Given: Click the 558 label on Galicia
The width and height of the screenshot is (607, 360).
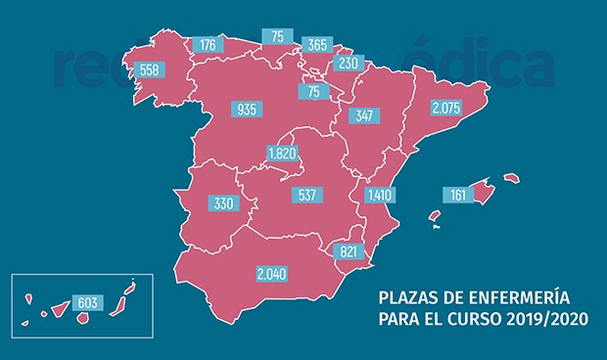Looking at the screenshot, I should (150, 70).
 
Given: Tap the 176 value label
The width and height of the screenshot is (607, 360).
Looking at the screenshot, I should (208, 44).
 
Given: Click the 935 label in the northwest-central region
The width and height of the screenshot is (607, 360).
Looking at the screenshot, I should (248, 109).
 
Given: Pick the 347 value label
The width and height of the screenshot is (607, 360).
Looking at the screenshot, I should (367, 116).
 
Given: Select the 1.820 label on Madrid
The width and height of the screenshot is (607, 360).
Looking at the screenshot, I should (284, 153).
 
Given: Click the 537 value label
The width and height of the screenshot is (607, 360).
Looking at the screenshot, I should (310, 195).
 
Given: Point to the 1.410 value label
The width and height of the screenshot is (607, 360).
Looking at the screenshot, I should (379, 195).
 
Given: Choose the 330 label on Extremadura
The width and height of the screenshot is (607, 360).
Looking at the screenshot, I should (222, 203).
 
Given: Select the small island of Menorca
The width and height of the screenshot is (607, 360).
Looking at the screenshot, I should (510, 178).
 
